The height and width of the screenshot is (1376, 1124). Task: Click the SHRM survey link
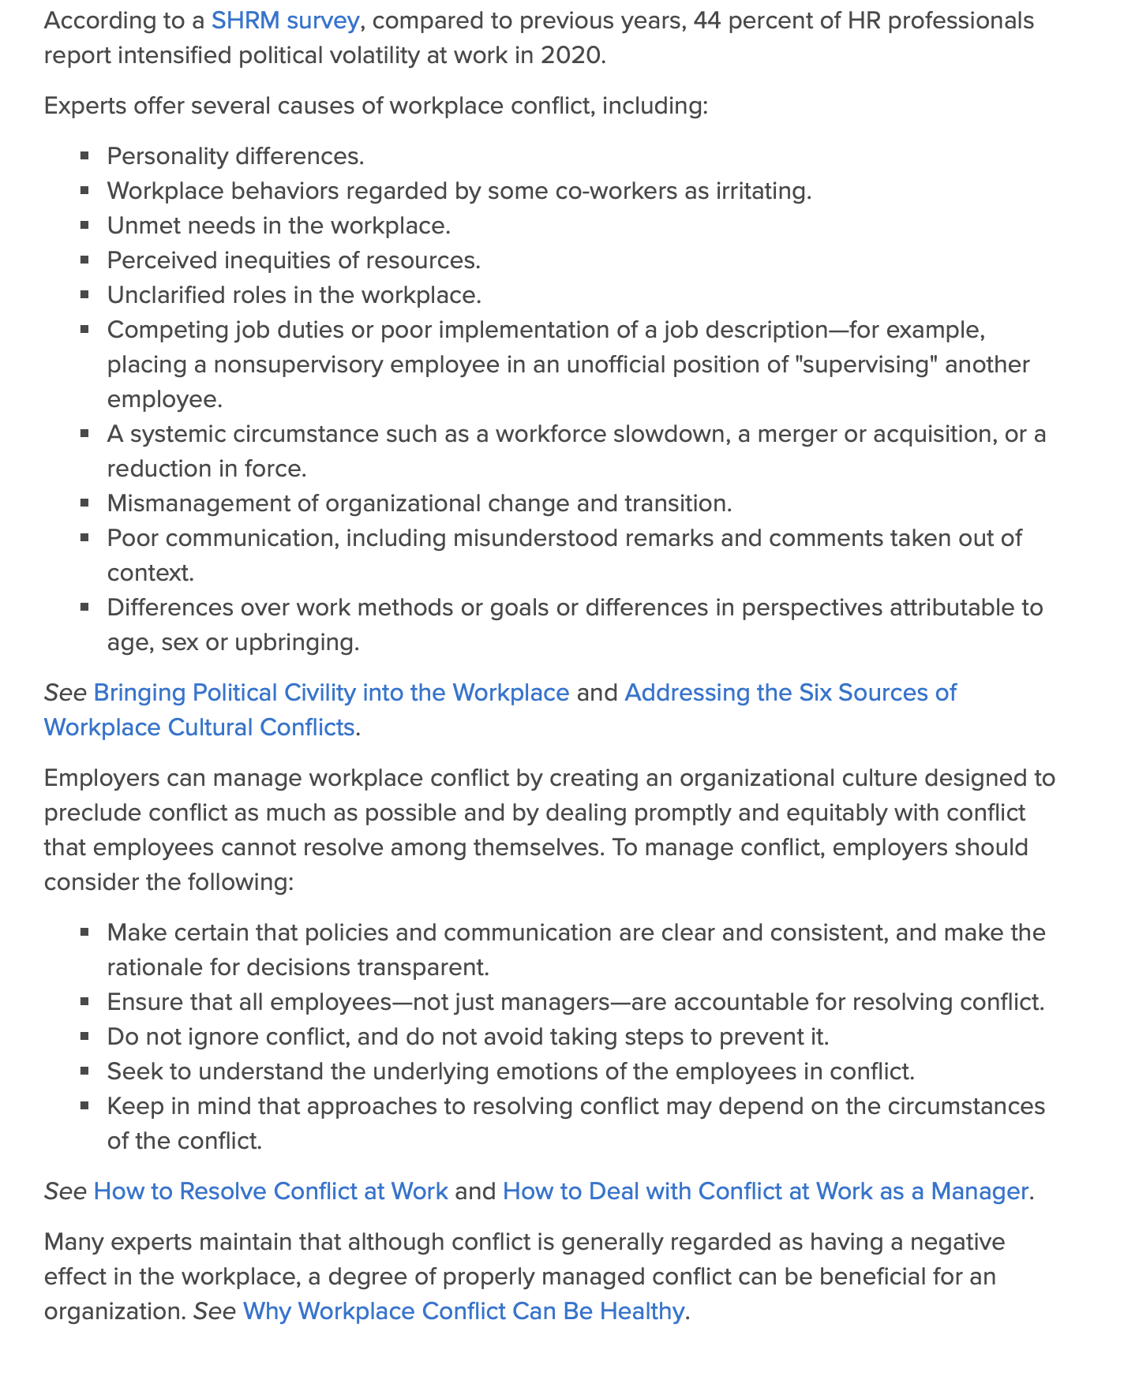click(x=285, y=21)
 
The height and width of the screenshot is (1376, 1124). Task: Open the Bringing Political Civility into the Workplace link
click(x=331, y=693)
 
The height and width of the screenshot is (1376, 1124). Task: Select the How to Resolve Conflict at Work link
click(x=271, y=1191)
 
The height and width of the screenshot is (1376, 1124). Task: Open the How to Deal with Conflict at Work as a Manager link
click(x=765, y=1191)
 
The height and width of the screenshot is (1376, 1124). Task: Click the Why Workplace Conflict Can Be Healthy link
click(x=463, y=1311)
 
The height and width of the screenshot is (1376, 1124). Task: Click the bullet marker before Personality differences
click(x=84, y=156)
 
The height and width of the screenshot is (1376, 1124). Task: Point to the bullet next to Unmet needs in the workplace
click(x=84, y=226)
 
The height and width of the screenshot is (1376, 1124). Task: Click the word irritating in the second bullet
click(x=762, y=191)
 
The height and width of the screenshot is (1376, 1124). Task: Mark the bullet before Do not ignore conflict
click(x=84, y=1037)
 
